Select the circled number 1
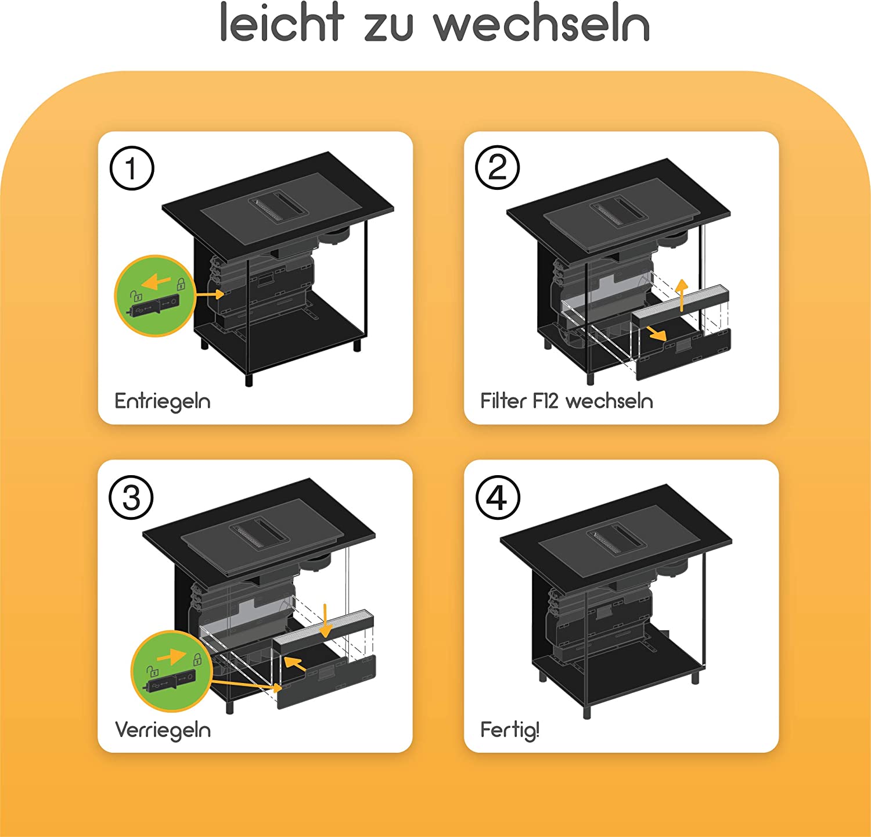click(132, 168)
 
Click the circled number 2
click(498, 168)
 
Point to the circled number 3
click(132, 498)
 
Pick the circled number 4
click(498, 498)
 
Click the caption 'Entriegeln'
click(163, 401)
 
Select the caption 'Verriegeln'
click(163, 730)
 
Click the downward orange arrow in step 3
click(326, 620)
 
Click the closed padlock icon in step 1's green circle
click(181, 284)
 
